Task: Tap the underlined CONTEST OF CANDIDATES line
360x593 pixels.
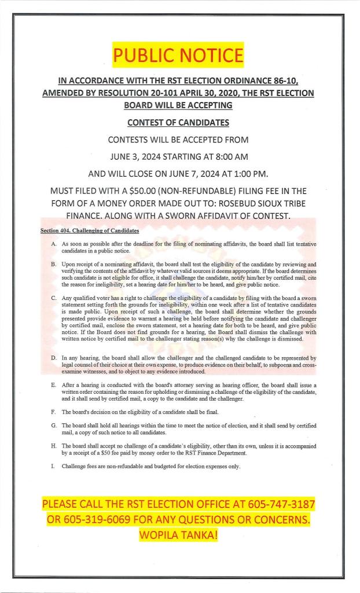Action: click(x=178, y=123)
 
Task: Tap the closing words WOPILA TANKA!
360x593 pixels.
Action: click(x=178, y=536)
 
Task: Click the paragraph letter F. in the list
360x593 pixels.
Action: click(x=54, y=412)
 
